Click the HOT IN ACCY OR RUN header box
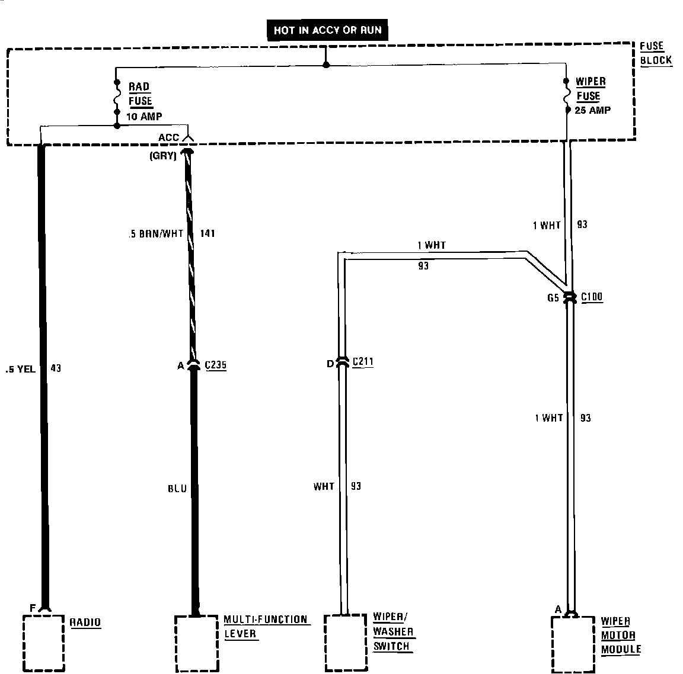[x=327, y=30]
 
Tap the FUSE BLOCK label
[x=656, y=53]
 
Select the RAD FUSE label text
[x=141, y=94]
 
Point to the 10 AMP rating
[x=144, y=117]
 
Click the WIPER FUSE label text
[x=591, y=89]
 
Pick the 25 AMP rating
[x=592, y=110]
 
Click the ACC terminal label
[x=168, y=138]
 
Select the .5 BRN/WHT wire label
[x=156, y=234]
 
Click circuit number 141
[x=208, y=234]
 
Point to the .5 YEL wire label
[x=20, y=369]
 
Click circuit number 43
[x=56, y=368]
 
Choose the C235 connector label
[x=215, y=365]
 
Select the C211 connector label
[x=363, y=362]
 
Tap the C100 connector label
[x=592, y=297]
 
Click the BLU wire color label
[x=177, y=489]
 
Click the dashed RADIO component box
[x=43, y=642]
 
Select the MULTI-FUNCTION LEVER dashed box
[x=196, y=643]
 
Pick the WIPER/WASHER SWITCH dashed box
[x=345, y=643]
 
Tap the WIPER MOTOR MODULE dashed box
[x=572, y=644]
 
